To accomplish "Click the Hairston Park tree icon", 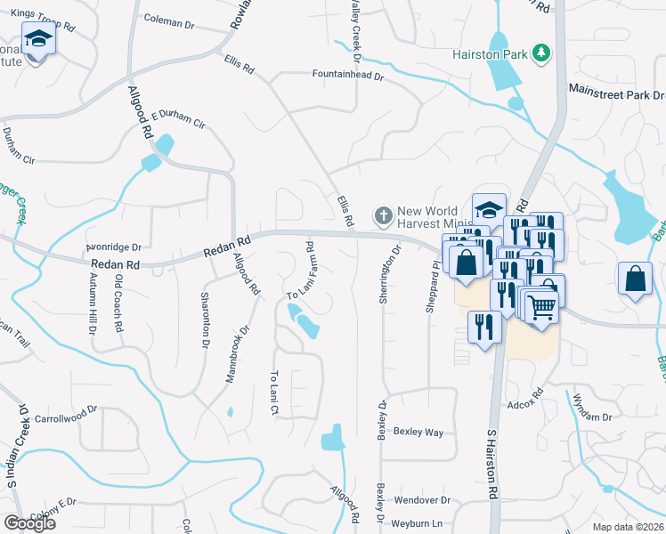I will click(540, 53).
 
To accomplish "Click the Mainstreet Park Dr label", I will click(616, 93).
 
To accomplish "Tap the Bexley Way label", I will click(419, 432).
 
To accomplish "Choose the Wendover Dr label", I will click(424, 501).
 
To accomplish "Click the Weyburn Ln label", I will click(419, 522).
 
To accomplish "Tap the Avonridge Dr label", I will click(114, 247).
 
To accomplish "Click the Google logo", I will click(29, 523).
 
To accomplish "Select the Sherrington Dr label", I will click(386, 276).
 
